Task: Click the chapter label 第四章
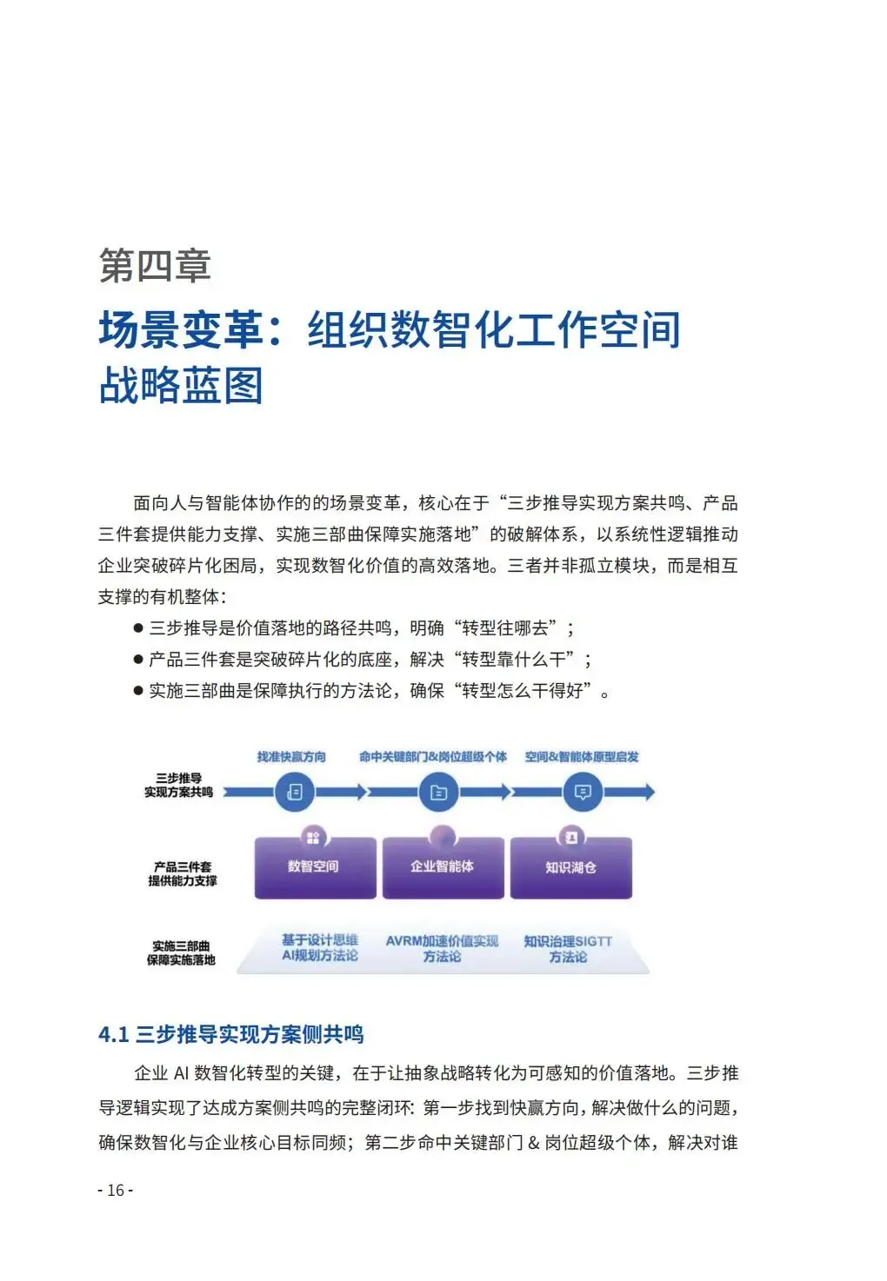pyautogui.click(x=155, y=265)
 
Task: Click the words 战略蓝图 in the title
pyautogui.click(x=181, y=385)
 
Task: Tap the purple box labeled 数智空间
pyautogui.click(x=315, y=867)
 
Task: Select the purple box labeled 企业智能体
pyautogui.click(x=443, y=867)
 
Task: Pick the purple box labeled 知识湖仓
pyautogui.click(x=570, y=867)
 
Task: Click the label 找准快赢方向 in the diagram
pyautogui.click(x=291, y=757)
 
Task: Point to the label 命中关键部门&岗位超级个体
pyautogui.click(x=433, y=757)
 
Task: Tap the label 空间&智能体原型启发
pyautogui.click(x=582, y=757)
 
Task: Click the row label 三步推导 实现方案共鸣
pyautogui.click(x=179, y=785)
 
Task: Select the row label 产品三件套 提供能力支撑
pyautogui.click(x=183, y=873)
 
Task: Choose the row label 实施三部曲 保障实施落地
pyautogui.click(x=181, y=952)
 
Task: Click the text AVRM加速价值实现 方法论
pyautogui.click(x=442, y=949)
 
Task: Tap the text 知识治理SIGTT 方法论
pyautogui.click(x=568, y=949)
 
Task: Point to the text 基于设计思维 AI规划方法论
pyautogui.click(x=320, y=947)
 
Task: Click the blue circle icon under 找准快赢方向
pyautogui.click(x=295, y=793)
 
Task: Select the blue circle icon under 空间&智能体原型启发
pyautogui.click(x=583, y=793)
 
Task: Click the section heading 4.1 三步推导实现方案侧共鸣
pyautogui.click(x=230, y=1034)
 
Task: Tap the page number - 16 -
pyautogui.click(x=115, y=1191)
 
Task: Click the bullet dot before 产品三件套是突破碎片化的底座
pyautogui.click(x=137, y=660)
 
